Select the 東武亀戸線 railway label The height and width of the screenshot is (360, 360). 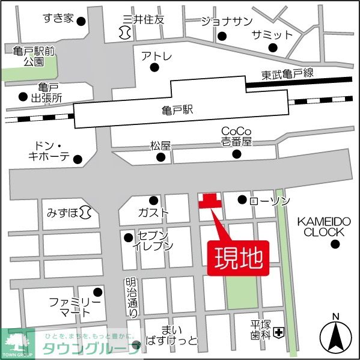tap(288, 75)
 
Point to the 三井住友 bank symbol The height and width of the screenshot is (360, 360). tap(125, 31)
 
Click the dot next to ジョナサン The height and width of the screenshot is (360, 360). tap(222, 37)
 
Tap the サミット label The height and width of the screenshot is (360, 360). tap(272, 34)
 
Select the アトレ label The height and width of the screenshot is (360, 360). tap(157, 57)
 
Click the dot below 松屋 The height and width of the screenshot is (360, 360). tap(160, 158)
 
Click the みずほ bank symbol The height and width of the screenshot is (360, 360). tap(86, 212)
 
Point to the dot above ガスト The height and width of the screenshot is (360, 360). tap(154, 200)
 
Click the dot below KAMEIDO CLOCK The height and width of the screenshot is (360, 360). tap(335, 244)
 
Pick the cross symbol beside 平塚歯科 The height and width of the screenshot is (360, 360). tap(279, 332)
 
